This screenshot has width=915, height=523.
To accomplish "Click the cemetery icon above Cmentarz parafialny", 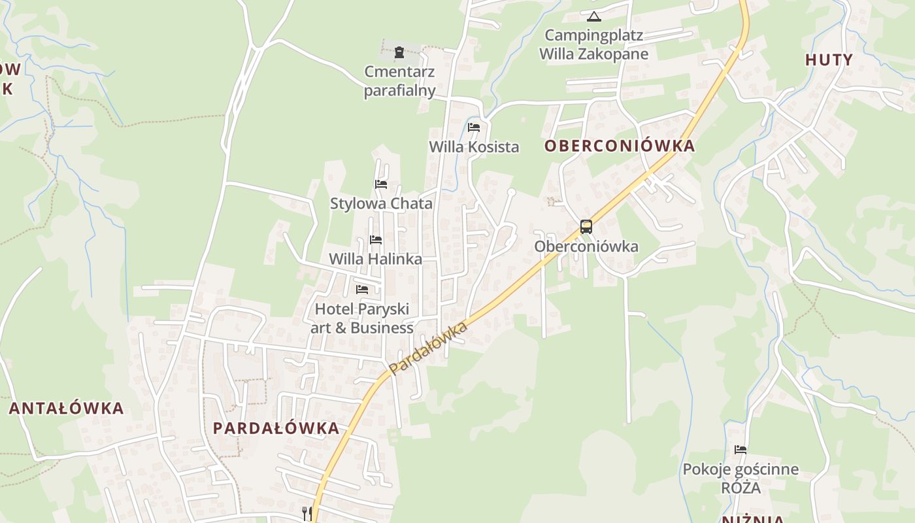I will pos(399,52).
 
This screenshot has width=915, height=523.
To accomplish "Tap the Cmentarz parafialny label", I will pos(399,81).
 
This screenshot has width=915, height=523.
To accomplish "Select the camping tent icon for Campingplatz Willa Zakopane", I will pos(593,16).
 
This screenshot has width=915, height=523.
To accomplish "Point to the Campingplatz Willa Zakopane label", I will pos(593,44).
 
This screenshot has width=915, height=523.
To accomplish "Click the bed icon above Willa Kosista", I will pos(474,127).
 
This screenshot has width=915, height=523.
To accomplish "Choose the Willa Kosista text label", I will pos(474,147).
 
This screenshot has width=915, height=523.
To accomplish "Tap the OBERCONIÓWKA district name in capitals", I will pos(620,146).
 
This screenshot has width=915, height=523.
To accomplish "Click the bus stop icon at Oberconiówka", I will pos(586,227).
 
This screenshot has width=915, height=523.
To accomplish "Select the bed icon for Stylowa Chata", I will pos(381,184).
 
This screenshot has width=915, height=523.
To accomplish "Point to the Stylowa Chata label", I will pos(381,203).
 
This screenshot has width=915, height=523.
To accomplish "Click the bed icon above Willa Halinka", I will pos(376,240).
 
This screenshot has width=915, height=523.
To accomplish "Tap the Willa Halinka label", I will pos(375,259).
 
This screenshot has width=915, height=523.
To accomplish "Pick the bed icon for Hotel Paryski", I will pos(362,289).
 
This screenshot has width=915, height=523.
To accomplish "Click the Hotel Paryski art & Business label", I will pos(362,318).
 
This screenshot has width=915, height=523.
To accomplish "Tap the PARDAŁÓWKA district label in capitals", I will pos(276,428).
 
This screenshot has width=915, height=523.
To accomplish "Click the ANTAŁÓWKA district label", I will pos(66,409).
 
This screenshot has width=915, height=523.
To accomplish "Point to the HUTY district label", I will pos(829,60).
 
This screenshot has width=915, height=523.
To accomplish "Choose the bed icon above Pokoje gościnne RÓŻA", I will pos(740,450).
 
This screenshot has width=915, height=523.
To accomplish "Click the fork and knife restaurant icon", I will pos(307,513).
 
